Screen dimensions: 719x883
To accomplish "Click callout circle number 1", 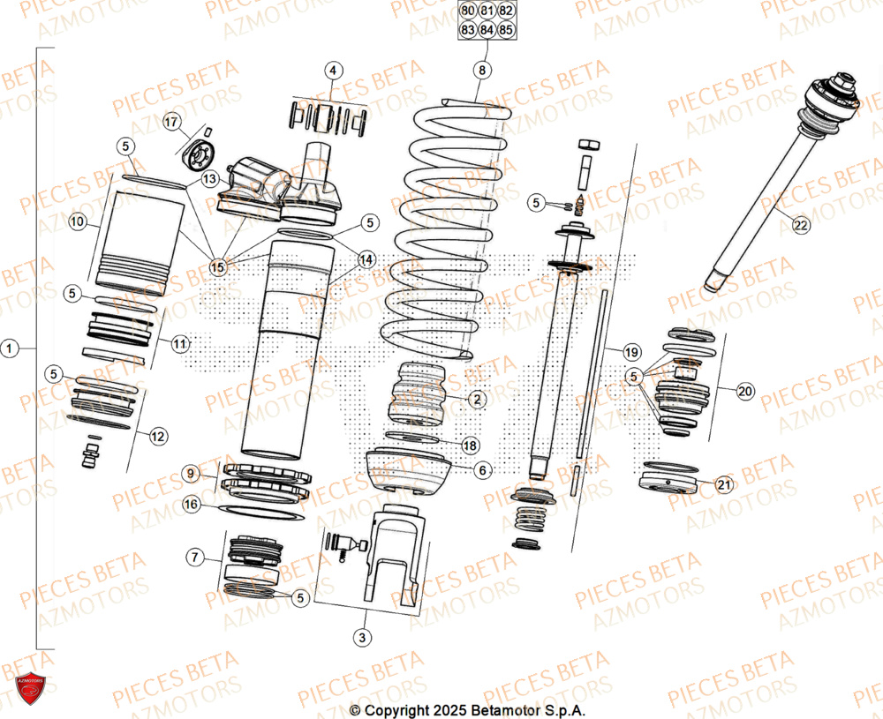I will [10, 349].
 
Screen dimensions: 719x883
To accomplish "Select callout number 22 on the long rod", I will [800, 226].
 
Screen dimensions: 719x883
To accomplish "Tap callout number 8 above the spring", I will [480, 69].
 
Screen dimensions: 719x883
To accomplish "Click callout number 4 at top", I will [333, 71].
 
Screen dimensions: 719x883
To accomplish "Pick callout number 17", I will [171, 121].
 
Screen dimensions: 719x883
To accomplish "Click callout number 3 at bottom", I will [360, 636].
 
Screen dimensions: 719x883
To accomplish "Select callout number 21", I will [724, 484].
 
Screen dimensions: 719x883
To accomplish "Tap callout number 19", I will [631, 352].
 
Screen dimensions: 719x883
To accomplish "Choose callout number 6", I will [482, 471].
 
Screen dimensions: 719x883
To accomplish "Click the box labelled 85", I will [506, 30].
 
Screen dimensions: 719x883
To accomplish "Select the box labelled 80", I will [467, 11].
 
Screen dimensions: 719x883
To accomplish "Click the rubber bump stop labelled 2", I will [422, 393].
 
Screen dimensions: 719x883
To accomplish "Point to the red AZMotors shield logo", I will [32, 687].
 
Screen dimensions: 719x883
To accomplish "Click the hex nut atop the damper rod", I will [586, 144].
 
